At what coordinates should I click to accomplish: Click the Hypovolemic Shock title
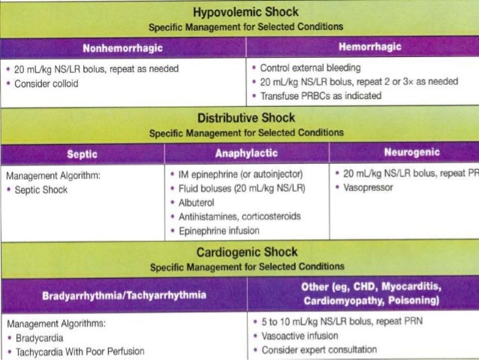pyautogui.click(x=246, y=12)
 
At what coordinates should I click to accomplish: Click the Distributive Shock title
pyautogui.click(x=246, y=119)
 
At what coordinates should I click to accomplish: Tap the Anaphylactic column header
pyautogui.click(x=246, y=153)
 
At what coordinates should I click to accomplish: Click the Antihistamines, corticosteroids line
pyautogui.click(x=239, y=216)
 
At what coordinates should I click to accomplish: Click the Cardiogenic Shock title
pyautogui.click(x=246, y=252)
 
